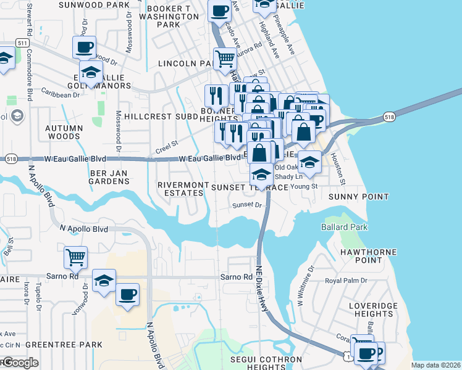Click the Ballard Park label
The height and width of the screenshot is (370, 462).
[344, 227]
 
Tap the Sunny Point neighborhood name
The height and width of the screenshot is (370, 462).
[359, 197]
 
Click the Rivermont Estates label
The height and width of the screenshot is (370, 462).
[180, 189]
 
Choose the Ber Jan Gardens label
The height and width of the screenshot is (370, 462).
[110, 177]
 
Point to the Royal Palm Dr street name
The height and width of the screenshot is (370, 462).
[346, 281]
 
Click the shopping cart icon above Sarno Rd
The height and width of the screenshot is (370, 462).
[75, 257]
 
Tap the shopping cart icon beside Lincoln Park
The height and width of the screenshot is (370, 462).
[225, 59]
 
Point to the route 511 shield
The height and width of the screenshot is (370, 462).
[23, 43]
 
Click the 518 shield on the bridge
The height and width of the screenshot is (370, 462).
[389, 116]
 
